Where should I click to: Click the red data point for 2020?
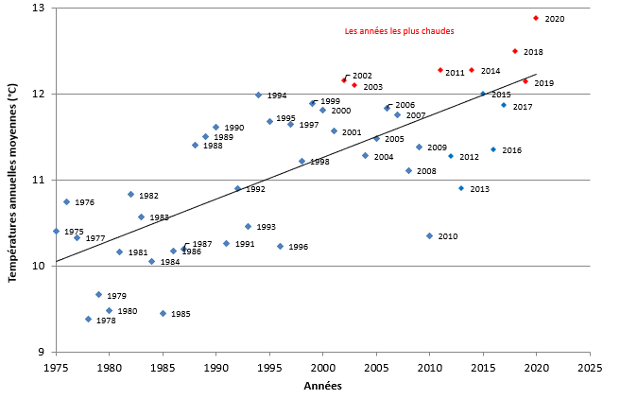pyautogui.click(x=536, y=18)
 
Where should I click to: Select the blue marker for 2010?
pyautogui.click(x=429, y=235)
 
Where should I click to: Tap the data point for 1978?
pyautogui.click(x=88, y=319)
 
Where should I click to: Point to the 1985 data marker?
pyautogui.click(x=163, y=313)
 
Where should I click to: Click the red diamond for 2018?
pyautogui.click(x=515, y=51)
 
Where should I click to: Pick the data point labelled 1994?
pyautogui.click(x=258, y=95)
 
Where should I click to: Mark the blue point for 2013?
pyautogui.click(x=461, y=188)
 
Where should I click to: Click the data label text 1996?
pyautogui.click(x=299, y=247)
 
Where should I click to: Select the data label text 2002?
pyautogui.click(x=362, y=76)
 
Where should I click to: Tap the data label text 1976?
pyautogui.click(x=85, y=202)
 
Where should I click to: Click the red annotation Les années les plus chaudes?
pyautogui.click(x=399, y=31)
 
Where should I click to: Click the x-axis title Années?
pyautogui.click(x=322, y=386)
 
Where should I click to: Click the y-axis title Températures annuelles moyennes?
pyautogui.click(x=12, y=180)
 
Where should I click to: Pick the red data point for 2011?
pyautogui.click(x=440, y=70)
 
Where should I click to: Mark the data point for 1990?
pyautogui.click(x=215, y=127)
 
